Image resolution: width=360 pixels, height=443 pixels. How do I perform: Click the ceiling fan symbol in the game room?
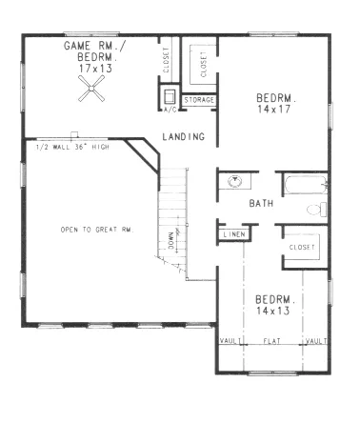(x=91, y=89)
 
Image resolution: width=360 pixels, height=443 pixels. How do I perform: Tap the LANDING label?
(x=184, y=137)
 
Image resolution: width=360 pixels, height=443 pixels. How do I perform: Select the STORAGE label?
(x=199, y=100)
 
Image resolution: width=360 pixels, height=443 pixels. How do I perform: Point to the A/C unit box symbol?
(x=170, y=96)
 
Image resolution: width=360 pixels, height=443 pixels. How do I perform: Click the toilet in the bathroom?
(x=316, y=210)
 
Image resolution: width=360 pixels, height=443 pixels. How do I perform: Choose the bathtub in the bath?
(x=306, y=185)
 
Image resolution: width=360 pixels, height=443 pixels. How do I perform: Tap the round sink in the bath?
(x=235, y=182)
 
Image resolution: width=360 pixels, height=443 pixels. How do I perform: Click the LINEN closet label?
(x=234, y=234)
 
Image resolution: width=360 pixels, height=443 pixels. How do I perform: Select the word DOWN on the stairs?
(x=171, y=240)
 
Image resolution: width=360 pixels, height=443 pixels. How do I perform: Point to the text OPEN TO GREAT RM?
(x=97, y=230)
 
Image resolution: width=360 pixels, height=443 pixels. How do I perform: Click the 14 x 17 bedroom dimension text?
(x=273, y=110)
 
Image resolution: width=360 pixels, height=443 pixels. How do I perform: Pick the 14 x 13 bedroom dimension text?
(x=273, y=311)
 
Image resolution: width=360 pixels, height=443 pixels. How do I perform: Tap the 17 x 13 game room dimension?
(x=95, y=69)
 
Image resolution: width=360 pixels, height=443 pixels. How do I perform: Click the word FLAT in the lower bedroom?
(x=272, y=341)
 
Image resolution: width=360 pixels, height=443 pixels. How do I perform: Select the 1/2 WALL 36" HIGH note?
(x=72, y=147)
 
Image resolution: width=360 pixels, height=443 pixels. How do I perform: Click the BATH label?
(x=261, y=203)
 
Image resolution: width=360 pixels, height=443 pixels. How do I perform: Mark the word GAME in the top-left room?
(x=77, y=46)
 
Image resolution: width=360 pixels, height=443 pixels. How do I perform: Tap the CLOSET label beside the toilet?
(x=302, y=247)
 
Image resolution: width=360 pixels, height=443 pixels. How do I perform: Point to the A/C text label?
(x=170, y=110)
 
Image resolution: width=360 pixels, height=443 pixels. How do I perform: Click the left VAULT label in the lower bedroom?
(x=230, y=341)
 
